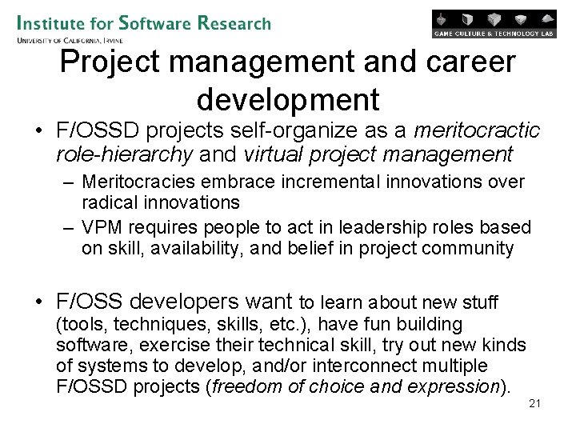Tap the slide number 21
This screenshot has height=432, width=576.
tap(535, 403)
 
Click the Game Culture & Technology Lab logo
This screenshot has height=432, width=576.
tap(494, 24)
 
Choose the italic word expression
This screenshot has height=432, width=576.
tap(454, 386)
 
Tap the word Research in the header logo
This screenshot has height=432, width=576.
tap(235, 22)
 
